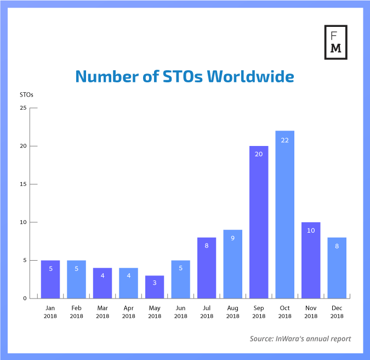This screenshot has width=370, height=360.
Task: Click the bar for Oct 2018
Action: coord(284,215)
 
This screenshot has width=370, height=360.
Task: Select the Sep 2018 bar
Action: coord(259,222)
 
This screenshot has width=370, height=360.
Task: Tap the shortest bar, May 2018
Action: coord(155,287)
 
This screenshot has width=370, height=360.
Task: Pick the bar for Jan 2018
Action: coord(50,279)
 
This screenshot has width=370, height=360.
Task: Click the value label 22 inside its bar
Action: coord(284,140)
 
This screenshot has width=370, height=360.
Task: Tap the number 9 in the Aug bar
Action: coord(232,238)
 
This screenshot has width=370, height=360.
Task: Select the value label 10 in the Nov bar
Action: coord(311,230)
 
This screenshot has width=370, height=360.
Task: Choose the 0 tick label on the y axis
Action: coord(25,299)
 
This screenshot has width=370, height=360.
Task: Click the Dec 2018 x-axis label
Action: coord(337,312)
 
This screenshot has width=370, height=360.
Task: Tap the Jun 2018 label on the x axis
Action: coord(180,312)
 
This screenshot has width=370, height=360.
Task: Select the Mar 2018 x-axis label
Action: coord(103,312)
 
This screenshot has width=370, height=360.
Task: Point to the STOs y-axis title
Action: coord(26,94)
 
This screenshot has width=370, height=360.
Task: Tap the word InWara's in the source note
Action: coord(295,339)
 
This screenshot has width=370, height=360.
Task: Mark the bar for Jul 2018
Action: coord(207,268)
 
